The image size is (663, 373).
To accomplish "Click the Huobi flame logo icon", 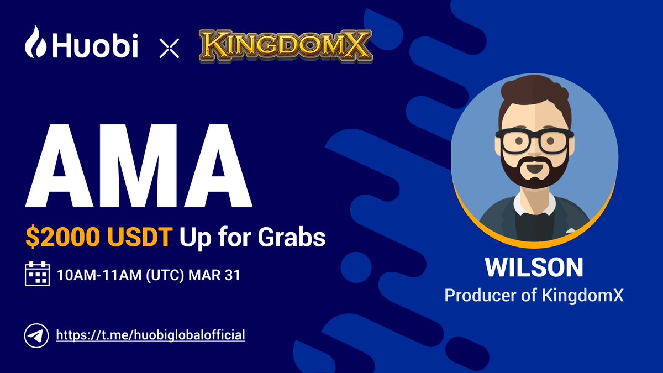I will pos(37,42).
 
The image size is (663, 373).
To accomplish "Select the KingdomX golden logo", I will pos(285,46).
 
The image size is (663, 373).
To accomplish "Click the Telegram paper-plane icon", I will pos(36,335).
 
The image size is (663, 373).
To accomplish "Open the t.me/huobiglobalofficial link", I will pos(150,335).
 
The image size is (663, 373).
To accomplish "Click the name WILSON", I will pos(534,267).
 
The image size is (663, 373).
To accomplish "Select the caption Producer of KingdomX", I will pos(534,295).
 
